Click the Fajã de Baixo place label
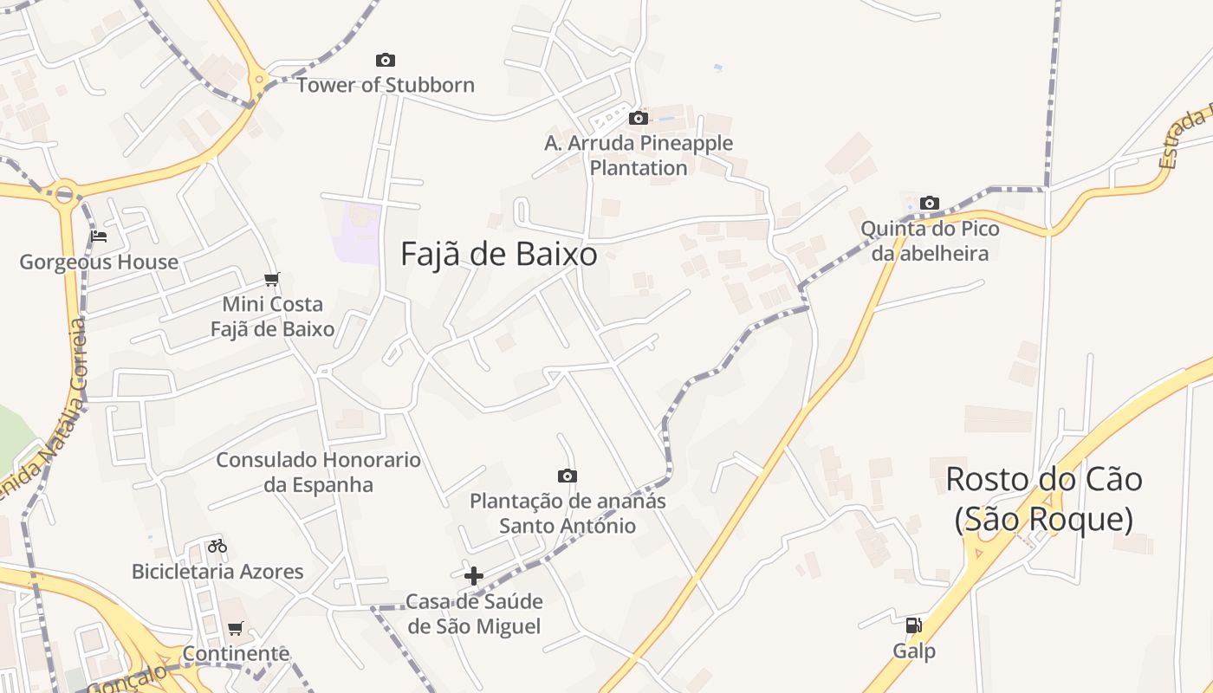tap(499, 254)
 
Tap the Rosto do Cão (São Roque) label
tap(1044, 499)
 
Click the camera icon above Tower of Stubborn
tap(386, 60)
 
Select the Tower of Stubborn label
tap(386, 85)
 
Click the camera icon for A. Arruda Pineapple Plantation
tap(639, 118)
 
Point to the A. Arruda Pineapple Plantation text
tap(639, 155)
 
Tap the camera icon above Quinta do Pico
tap(930, 203)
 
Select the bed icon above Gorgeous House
tap(99, 236)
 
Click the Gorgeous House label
tap(99, 262)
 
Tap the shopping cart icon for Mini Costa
tap(272, 279)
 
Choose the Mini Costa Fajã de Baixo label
tap(273, 316)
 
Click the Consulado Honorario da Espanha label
tap(318, 472)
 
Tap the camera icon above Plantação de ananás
tap(568, 476)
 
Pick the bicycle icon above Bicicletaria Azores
tap(217, 546)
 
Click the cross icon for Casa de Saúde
tap(474, 575)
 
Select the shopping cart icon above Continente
tap(236, 628)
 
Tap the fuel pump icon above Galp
tap(914, 625)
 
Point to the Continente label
tap(236, 653)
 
